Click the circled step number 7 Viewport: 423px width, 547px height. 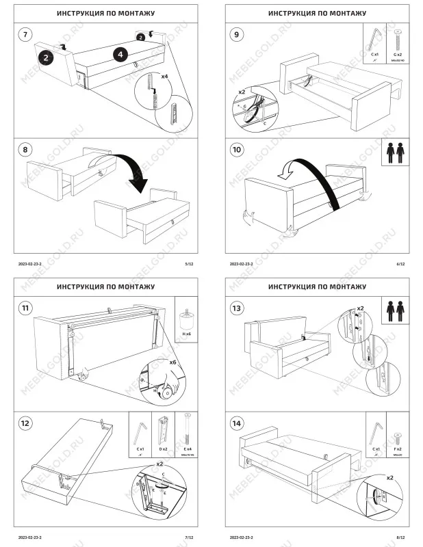click(25, 34)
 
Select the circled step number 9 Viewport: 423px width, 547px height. click(236, 34)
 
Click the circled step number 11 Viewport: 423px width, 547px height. click(25, 308)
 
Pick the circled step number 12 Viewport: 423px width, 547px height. click(25, 423)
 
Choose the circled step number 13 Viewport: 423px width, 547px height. click(236, 308)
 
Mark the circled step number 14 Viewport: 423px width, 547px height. click(236, 423)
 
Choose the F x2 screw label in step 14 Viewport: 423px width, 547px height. click(397, 449)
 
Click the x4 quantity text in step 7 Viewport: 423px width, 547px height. click(164, 77)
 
